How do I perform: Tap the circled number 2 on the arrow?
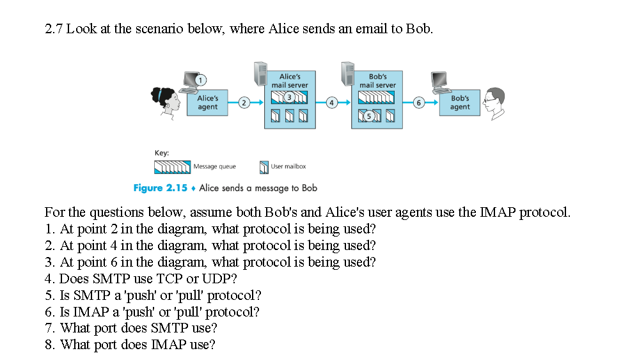[243, 102]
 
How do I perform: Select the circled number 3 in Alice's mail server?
[288, 97]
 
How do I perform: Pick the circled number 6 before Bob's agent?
[419, 102]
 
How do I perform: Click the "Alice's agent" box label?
[207, 103]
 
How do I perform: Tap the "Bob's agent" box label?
[460, 103]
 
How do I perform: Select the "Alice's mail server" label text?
[290, 81]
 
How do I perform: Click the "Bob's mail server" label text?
[377, 81]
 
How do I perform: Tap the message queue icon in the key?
[172, 167]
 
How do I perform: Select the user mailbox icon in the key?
[263, 167]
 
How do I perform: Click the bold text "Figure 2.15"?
[160, 188]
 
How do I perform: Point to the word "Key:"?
[162, 153]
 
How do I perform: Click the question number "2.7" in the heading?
[54, 29]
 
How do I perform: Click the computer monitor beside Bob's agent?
[439, 81]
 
